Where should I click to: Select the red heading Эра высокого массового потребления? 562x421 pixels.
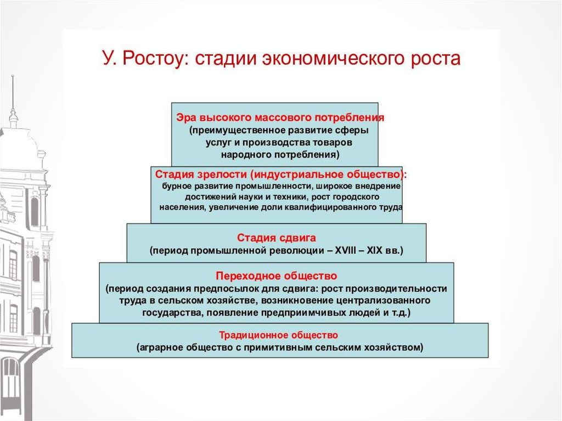tap(280, 117)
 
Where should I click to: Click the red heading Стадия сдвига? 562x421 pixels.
tap(276, 238)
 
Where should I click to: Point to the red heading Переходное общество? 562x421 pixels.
tap(276, 275)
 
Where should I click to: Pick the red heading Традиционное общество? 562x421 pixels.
tap(279, 334)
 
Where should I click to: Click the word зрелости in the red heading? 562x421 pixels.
tap(218, 175)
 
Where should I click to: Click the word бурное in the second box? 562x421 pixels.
tap(175, 187)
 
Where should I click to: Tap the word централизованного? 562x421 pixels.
tap(381, 300)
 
